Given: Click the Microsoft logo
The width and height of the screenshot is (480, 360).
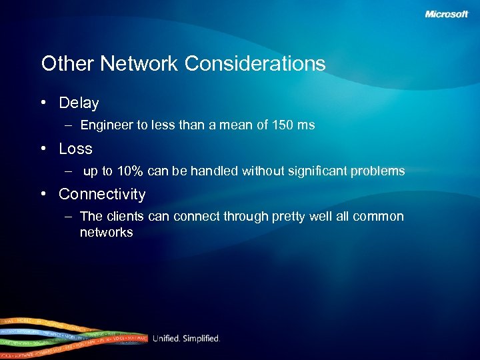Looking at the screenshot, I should [447, 15].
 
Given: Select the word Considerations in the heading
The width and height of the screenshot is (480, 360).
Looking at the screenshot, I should [255, 64].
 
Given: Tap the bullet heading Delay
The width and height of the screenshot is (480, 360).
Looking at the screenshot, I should [79, 103].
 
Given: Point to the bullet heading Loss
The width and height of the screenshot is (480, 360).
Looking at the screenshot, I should [75, 149].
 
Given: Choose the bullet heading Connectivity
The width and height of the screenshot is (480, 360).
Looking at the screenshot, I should [102, 195].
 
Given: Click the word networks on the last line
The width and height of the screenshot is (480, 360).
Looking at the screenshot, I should [106, 233].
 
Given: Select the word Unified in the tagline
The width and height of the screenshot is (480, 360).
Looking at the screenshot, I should [166, 339].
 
